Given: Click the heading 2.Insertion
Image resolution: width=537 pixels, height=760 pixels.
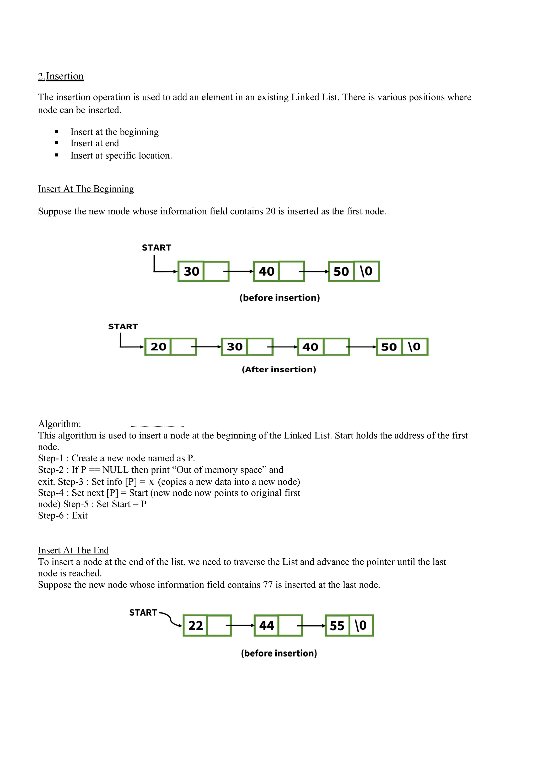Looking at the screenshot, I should (x=61, y=77).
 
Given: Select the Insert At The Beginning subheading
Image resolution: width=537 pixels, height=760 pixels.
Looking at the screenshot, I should (x=86, y=189).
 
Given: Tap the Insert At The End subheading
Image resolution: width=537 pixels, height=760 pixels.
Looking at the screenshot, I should (x=73, y=550).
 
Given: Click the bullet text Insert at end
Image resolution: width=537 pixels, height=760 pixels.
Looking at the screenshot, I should (x=95, y=143).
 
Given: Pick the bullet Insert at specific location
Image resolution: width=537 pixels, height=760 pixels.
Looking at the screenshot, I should (x=121, y=156).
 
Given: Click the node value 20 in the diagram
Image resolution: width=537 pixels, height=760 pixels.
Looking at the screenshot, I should (x=158, y=347).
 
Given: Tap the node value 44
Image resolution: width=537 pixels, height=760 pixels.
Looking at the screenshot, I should (x=266, y=626).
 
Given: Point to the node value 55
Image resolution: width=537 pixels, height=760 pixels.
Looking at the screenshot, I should (x=337, y=626).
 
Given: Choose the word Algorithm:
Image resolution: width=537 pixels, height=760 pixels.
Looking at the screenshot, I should (x=60, y=424).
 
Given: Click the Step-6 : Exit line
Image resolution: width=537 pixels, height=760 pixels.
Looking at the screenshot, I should (x=63, y=515).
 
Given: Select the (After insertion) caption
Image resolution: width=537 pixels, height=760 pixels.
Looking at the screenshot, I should (x=279, y=370).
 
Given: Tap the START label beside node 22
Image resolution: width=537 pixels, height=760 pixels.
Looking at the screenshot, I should (x=143, y=613).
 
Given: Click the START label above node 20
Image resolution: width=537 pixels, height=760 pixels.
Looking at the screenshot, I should (x=123, y=327).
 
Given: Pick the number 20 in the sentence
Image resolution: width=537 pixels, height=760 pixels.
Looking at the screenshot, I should (x=270, y=212).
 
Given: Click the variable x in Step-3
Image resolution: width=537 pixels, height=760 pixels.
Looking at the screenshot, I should (x=151, y=482).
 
